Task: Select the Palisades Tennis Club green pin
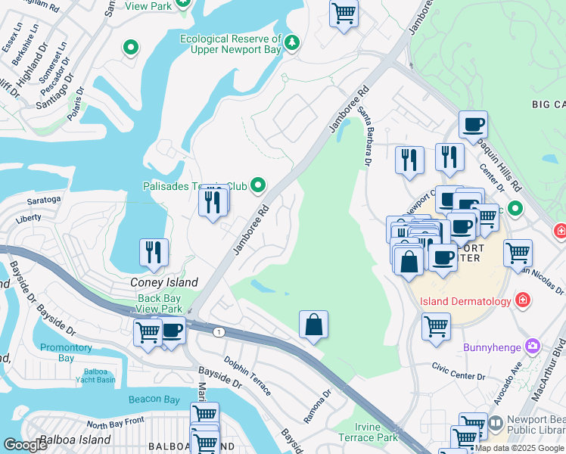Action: point(258,185)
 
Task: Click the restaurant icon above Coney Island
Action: point(154,253)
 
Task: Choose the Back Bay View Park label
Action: point(160,303)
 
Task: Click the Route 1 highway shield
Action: point(219,332)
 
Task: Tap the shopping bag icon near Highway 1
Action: point(313,325)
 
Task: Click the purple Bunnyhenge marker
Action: point(533,347)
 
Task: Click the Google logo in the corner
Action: point(25,445)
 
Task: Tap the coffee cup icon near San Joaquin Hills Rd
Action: point(473,125)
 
